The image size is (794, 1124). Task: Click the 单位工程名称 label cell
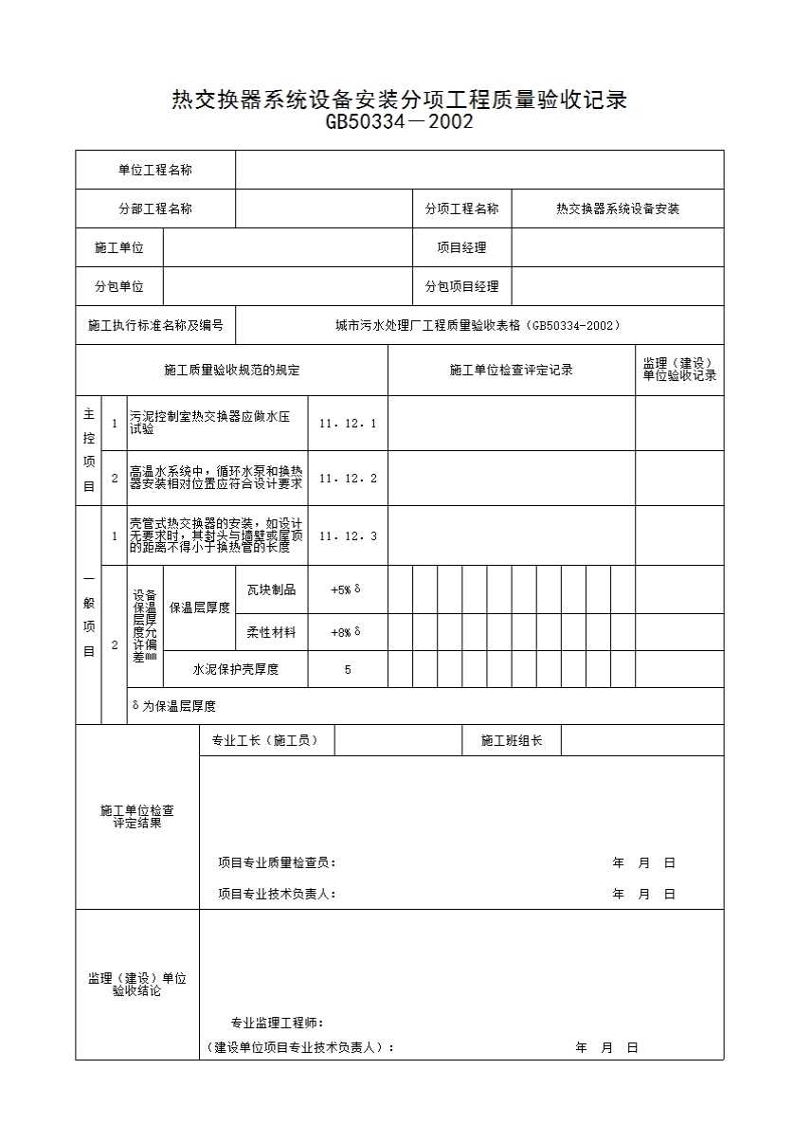coord(155,170)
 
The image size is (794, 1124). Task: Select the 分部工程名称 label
coord(155,208)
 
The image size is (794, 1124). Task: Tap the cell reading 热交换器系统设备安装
coord(618,208)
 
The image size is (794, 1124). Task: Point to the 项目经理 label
coord(461,247)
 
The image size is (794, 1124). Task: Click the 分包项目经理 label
coord(461,286)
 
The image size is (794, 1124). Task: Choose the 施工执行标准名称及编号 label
coord(155,325)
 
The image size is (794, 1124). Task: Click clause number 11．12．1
coord(348,423)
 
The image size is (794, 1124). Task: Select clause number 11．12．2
coord(348,478)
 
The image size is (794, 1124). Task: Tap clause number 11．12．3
coord(348,535)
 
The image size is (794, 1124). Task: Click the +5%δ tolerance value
coord(346,589)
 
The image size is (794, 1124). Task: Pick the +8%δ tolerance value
coord(346,631)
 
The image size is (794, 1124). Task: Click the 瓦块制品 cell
coord(271,589)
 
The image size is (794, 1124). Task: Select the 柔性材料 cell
coord(271,631)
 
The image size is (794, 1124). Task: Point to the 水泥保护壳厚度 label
coord(236,669)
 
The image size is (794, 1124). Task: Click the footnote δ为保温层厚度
coord(174,706)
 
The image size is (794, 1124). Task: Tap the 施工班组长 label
coord(512,740)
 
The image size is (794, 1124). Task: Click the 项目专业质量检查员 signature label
coord(277,862)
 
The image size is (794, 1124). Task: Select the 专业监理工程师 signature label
coord(278,1023)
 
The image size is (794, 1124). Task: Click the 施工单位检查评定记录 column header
coord(511,370)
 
